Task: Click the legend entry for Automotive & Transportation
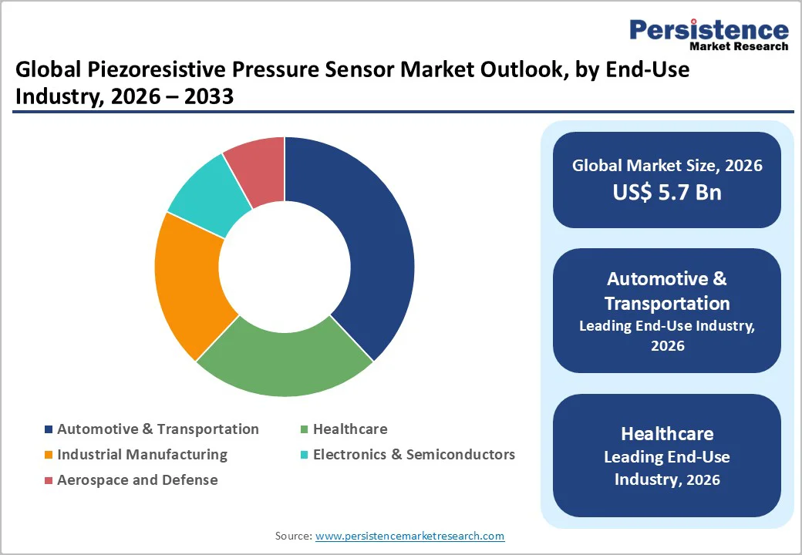pyautogui.click(x=157, y=429)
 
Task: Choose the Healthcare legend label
pyautogui.click(x=350, y=429)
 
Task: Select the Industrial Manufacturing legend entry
pyautogui.click(x=142, y=454)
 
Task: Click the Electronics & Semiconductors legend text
pyautogui.click(x=413, y=454)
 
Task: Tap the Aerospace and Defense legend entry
pyautogui.click(x=137, y=479)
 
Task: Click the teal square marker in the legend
pyautogui.click(x=305, y=455)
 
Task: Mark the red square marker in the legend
pyautogui.click(x=49, y=480)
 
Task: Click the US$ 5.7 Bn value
pyautogui.click(x=667, y=192)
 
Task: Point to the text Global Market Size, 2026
pyautogui.click(x=667, y=165)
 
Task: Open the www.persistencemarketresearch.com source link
pyautogui.click(x=409, y=536)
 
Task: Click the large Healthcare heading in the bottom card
pyautogui.click(x=667, y=433)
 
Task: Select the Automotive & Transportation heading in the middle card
pyautogui.click(x=667, y=291)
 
